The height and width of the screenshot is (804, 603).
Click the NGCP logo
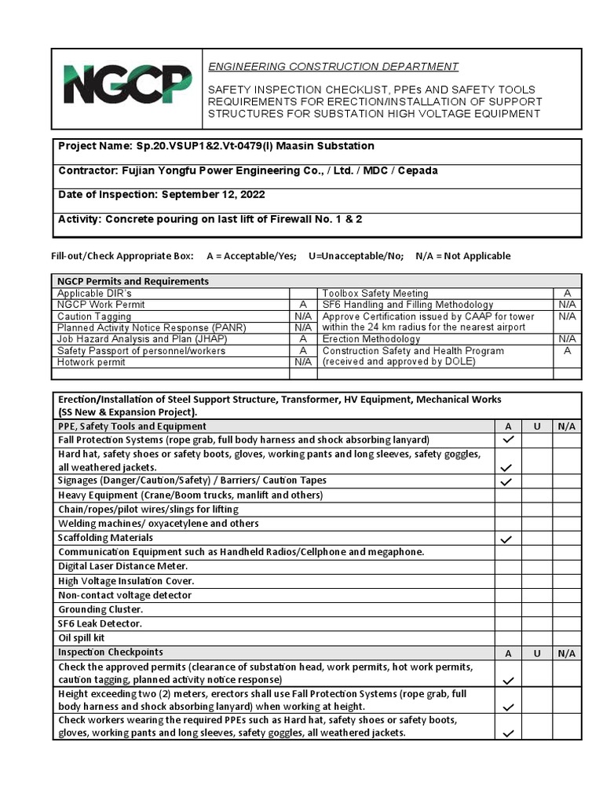pos(127,86)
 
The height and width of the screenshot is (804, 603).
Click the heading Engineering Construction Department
pos(333,67)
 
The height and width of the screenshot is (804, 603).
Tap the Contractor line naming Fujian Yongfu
pos(248,170)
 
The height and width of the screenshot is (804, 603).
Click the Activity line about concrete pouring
pos(210,219)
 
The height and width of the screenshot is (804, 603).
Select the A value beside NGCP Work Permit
pos(303,305)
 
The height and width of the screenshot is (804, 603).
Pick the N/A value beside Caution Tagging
pos(303,316)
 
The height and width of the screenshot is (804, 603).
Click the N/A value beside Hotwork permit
pos(303,363)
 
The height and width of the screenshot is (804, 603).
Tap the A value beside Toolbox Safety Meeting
pos(567,293)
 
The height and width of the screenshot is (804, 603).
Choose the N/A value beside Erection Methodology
pos(567,339)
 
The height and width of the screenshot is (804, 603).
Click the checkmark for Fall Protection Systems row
pos(508,440)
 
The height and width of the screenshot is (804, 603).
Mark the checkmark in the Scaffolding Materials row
pos(508,539)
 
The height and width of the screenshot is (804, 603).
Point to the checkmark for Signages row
pos(508,481)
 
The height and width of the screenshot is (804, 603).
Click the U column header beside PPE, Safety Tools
pos(537,426)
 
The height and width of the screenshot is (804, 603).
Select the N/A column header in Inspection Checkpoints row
pos(567,653)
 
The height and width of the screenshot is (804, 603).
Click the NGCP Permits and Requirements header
pos(133,281)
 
